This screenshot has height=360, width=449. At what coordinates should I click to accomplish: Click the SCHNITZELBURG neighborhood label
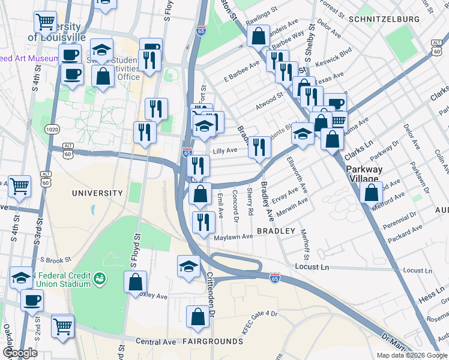(x=384, y=19)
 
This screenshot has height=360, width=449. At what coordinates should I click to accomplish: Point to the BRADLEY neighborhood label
(x=276, y=231)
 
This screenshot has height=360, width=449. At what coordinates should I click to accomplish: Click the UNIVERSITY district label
(x=97, y=193)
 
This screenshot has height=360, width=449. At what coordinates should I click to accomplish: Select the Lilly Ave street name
(x=226, y=150)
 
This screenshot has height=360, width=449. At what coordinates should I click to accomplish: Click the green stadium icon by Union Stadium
(x=99, y=278)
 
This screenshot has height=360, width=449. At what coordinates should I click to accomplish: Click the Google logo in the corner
(x=20, y=353)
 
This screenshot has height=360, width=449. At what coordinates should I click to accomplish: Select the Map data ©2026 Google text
(x=411, y=355)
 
